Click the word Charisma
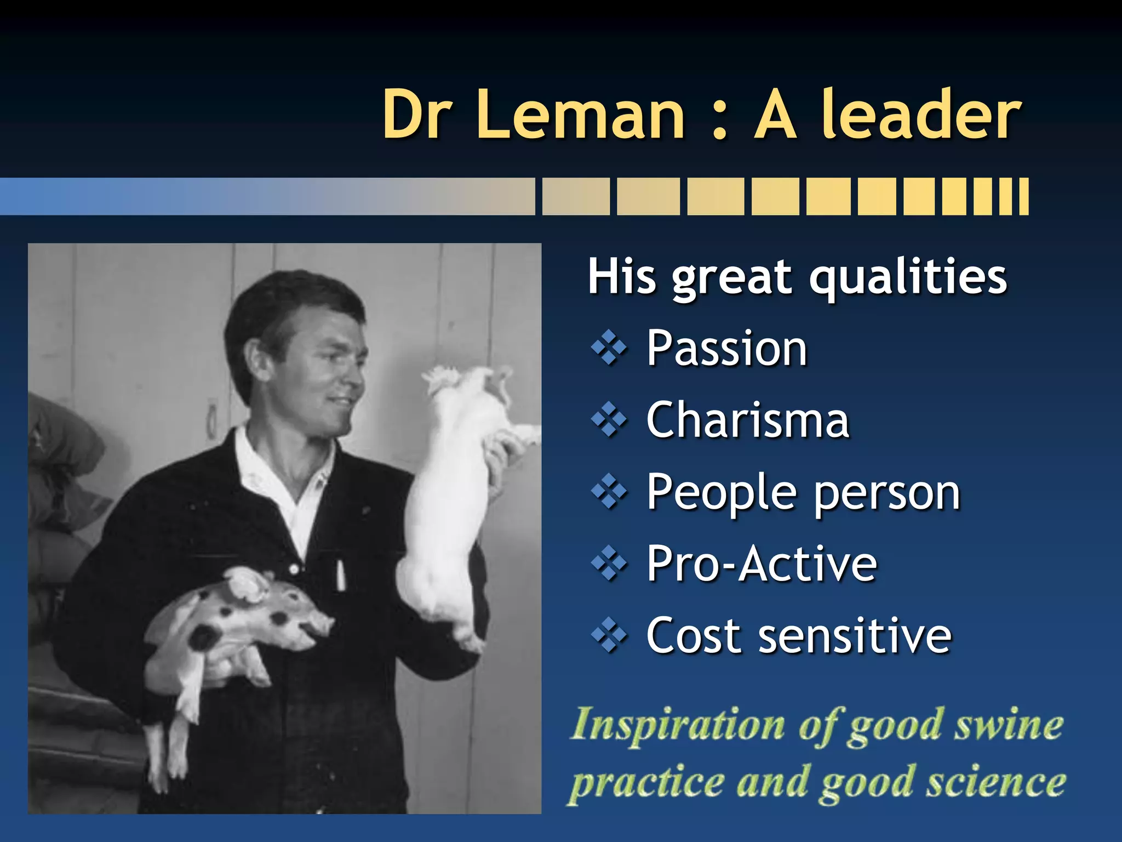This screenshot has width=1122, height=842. point(747,420)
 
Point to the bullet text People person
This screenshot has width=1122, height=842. point(803,492)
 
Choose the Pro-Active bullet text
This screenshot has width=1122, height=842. point(762,564)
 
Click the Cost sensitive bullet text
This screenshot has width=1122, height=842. point(799,636)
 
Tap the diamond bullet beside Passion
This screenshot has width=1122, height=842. point(609,348)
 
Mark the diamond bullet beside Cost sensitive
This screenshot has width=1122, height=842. point(609,636)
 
